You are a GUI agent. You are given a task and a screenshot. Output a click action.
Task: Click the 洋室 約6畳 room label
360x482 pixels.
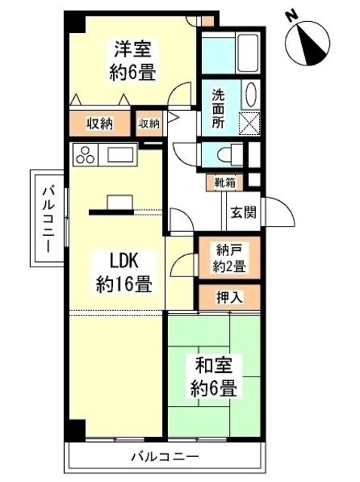tap(133, 61)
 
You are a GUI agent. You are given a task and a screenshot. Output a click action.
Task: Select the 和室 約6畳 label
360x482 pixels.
tap(217, 377)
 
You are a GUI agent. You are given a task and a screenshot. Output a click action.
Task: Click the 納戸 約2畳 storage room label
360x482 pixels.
tap(227, 258)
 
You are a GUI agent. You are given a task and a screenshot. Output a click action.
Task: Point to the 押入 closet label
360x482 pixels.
tap(229, 296)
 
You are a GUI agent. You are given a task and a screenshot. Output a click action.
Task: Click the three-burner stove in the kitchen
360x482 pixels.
tap(84, 157)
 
